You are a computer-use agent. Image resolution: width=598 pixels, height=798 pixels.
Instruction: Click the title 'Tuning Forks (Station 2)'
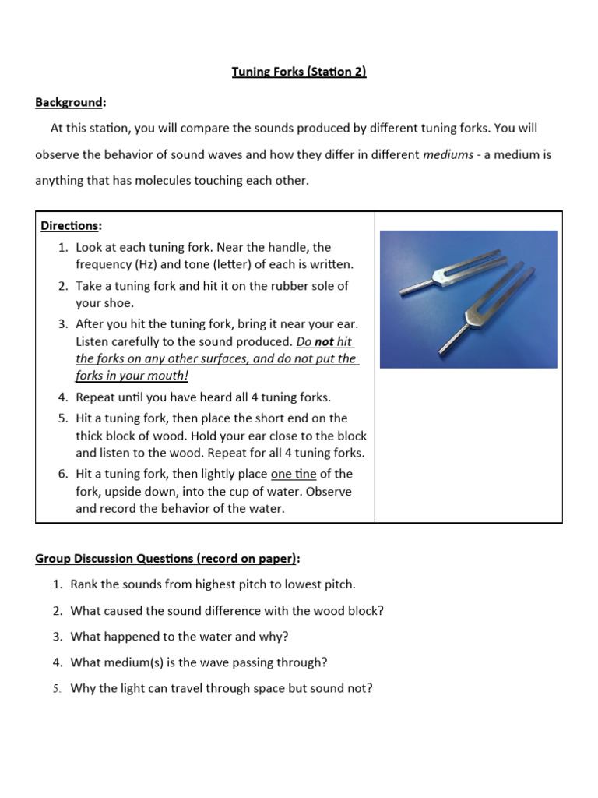pyautogui.click(x=299, y=72)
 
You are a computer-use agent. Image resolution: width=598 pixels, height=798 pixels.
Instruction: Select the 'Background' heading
pyautogui.click(x=69, y=102)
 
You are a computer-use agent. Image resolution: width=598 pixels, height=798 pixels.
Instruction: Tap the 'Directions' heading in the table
pyautogui.click(x=70, y=226)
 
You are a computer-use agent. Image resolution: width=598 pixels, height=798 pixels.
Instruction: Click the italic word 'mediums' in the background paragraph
pyautogui.click(x=448, y=154)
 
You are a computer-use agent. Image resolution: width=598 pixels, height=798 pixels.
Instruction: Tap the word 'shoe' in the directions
pyautogui.click(x=118, y=303)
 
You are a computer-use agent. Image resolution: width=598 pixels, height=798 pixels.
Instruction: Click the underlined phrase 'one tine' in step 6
pyautogui.click(x=293, y=474)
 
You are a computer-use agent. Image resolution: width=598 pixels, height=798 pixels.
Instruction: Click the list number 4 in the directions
pyautogui.click(x=62, y=397)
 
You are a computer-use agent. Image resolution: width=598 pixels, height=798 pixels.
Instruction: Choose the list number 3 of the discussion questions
pyautogui.click(x=57, y=637)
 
